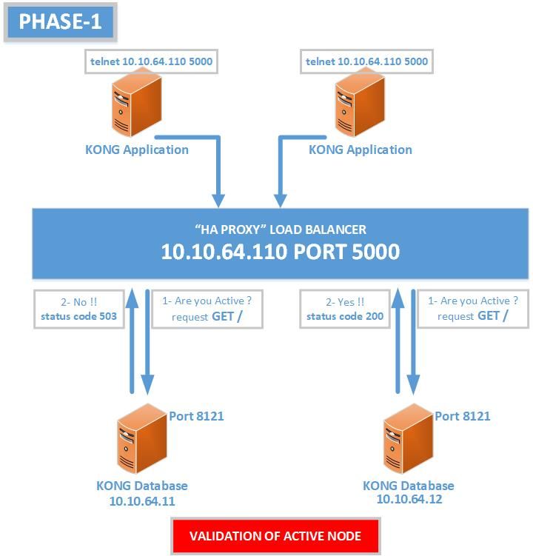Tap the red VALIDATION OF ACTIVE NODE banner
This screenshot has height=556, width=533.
[276, 536]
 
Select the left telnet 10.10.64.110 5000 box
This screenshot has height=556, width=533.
[152, 61]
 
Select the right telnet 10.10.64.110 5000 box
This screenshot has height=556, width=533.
[367, 61]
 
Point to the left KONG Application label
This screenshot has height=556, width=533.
[136, 150]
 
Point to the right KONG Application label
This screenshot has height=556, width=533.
[360, 150]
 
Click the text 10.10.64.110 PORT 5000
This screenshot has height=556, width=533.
[280, 252]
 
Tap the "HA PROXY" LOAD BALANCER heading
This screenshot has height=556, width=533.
[280, 230]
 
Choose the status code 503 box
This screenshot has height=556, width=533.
[78, 309]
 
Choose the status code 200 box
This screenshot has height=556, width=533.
[343, 309]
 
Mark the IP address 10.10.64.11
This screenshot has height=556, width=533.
[142, 500]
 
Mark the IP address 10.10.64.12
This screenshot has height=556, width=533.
[408, 499]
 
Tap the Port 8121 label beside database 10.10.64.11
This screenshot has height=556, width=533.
[196, 416]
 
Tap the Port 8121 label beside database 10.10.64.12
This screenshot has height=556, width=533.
[462, 416]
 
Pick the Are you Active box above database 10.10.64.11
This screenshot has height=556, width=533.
[207, 309]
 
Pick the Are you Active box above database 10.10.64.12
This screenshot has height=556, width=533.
[473, 309]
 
